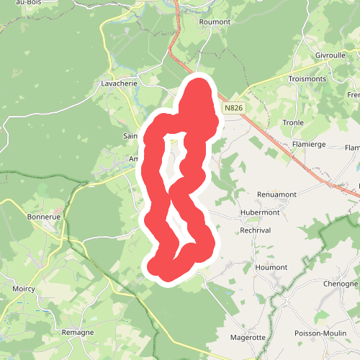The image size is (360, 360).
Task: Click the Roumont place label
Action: tap(214, 22)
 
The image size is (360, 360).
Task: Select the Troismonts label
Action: tap(308, 78)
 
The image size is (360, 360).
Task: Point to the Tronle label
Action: tap(293, 122)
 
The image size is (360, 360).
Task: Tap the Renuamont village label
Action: tap(278, 194)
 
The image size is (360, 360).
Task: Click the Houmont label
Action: tap(271, 267)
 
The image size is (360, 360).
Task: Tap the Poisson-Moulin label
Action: tap(321, 333)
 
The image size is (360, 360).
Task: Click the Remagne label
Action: tap(78, 332)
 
